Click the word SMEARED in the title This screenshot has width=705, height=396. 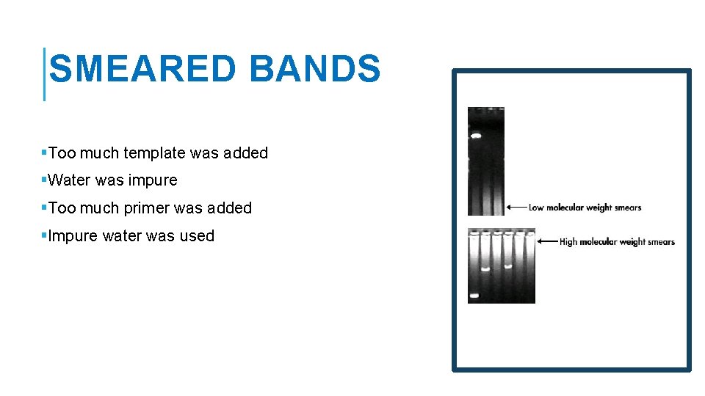pyautogui.click(x=142, y=70)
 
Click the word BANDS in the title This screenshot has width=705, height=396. pyautogui.click(x=315, y=70)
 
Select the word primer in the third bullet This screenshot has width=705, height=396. pyautogui.click(x=150, y=208)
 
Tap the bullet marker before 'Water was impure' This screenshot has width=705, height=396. pyautogui.click(x=44, y=180)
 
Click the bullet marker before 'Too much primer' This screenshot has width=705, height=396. pyautogui.click(x=44, y=208)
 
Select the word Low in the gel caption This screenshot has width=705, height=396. pyautogui.click(x=536, y=208)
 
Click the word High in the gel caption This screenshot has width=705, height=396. pyautogui.click(x=568, y=241)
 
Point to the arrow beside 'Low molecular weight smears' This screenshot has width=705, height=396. pyautogui.click(x=516, y=208)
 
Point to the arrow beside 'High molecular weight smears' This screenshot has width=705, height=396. pyautogui.click(x=547, y=241)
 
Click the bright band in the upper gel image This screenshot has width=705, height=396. pyautogui.click(x=475, y=136)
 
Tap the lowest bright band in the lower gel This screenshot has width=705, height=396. pyautogui.click(x=474, y=296)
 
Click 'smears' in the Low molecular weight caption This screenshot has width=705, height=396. pyautogui.click(x=628, y=208)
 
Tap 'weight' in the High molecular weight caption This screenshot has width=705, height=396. pyautogui.click(x=632, y=241)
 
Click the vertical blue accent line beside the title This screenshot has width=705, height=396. pyautogui.click(x=45, y=74)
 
